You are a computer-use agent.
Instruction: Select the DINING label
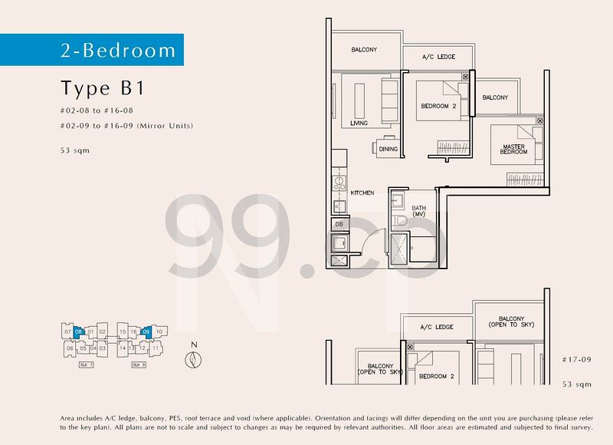[388, 150]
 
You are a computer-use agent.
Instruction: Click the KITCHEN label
[362, 193]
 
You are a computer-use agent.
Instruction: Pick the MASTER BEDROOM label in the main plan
[514, 149]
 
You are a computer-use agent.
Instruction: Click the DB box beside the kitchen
[338, 224]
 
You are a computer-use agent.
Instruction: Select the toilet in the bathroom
[400, 221]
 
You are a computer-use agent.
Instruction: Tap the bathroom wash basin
[397, 199]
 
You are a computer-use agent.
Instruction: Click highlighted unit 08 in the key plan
[79, 332]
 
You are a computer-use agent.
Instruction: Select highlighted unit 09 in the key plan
[146, 332]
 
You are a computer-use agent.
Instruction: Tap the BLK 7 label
[86, 365]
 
